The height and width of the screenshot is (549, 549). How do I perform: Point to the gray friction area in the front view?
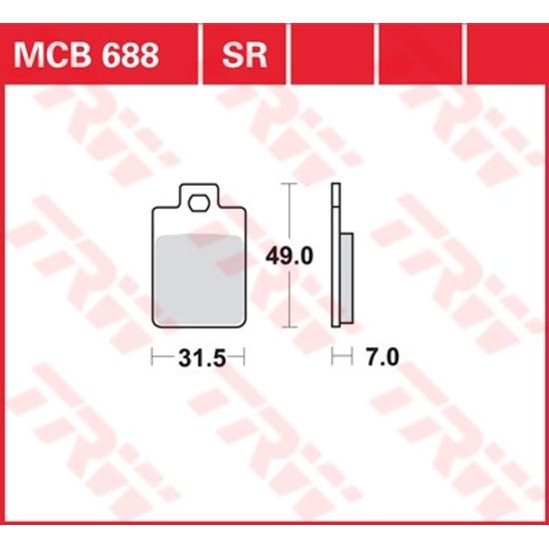(x=199, y=274)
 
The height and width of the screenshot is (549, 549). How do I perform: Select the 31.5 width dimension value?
(x=199, y=357)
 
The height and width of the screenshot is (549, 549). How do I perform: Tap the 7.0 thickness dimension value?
(x=380, y=357)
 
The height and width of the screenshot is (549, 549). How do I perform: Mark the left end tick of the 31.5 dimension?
(x=152, y=357)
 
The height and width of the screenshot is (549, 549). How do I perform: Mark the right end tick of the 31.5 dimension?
(x=246, y=357)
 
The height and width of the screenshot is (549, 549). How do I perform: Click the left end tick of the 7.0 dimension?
(x=333, y=357)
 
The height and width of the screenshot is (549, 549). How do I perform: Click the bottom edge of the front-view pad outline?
(x=199, y=326)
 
